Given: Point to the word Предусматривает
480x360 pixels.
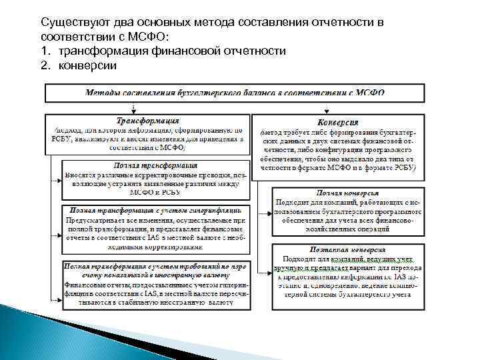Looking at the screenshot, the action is click(x=98, y=219).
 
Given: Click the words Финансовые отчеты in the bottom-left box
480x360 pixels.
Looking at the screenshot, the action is click(x=96, y=283).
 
